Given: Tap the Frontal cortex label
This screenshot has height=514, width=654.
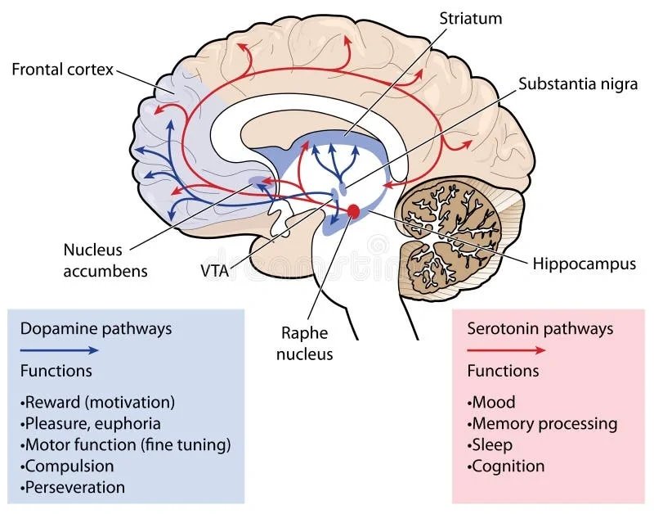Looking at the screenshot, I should tap(61, 69).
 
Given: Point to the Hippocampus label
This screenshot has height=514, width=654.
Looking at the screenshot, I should tap(584, 264).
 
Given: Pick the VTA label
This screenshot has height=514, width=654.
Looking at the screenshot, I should tap(215, 268).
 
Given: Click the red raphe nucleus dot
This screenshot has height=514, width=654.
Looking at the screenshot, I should tap(353, 211).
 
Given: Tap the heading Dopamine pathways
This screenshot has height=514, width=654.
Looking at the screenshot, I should tap(96, 329).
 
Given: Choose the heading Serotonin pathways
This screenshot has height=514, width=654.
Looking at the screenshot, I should tap(540, 329).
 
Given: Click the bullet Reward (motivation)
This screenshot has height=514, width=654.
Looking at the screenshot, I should tap(99, 402).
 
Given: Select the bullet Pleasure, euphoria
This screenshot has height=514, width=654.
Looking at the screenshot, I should tap(92, 423).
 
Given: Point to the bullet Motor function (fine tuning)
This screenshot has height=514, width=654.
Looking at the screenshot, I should tap(127, 444).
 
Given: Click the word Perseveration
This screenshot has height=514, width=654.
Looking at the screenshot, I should tap(75, 487).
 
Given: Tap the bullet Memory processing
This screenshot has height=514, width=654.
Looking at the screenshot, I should tap(543, 423).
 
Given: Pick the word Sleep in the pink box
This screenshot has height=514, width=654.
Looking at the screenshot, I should tap(492, 444).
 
